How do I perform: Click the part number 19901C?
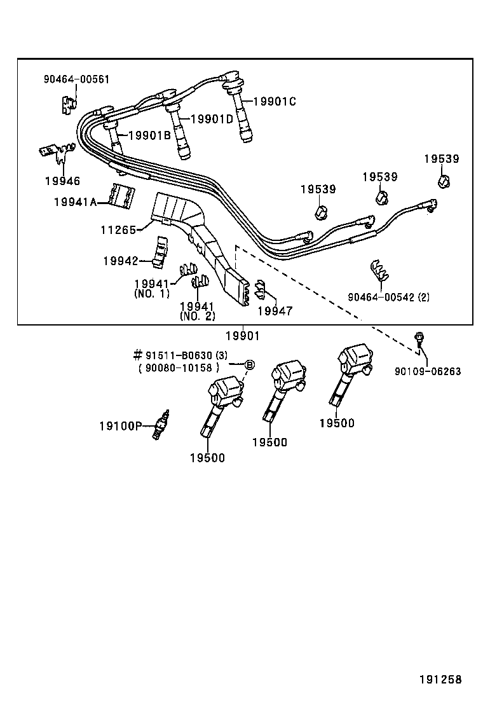click(275, 101)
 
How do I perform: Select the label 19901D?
click(212, 119)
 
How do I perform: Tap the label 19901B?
click(149, 135)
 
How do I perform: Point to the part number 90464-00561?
click(76, 79)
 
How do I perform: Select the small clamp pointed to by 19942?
click(159, 251)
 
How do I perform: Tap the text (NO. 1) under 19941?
click(152, 294)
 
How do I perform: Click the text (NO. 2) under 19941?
click(197, 316)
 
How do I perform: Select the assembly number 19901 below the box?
click(242, 336)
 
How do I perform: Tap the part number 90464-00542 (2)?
click(388, 297)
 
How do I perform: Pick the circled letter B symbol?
click(250, 364)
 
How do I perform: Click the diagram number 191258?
click(440, 680)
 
